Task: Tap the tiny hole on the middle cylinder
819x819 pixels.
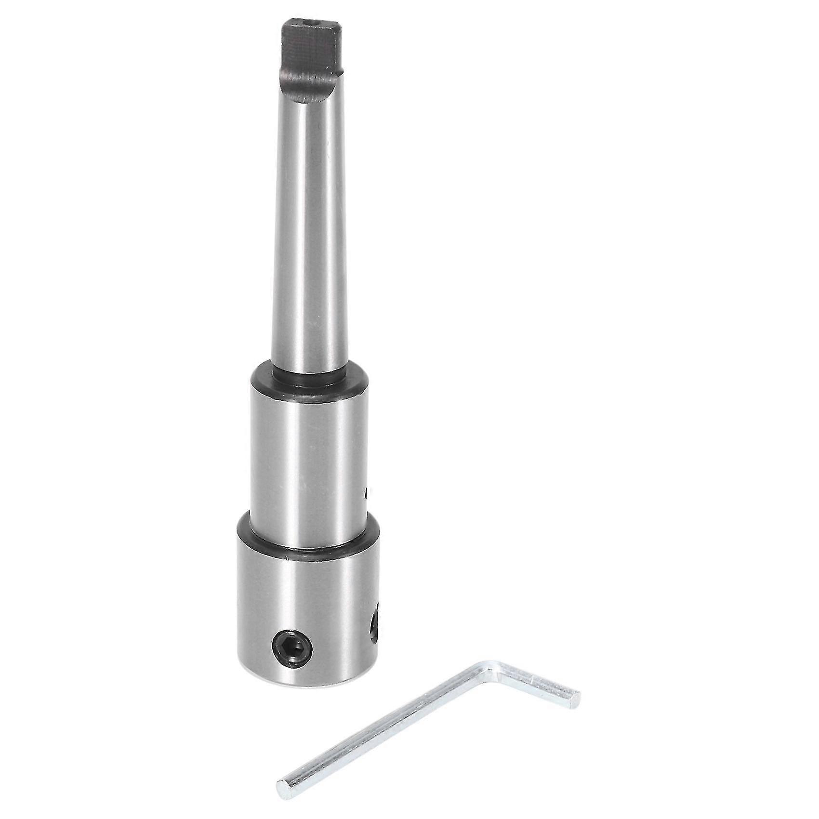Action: pos(367,492)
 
